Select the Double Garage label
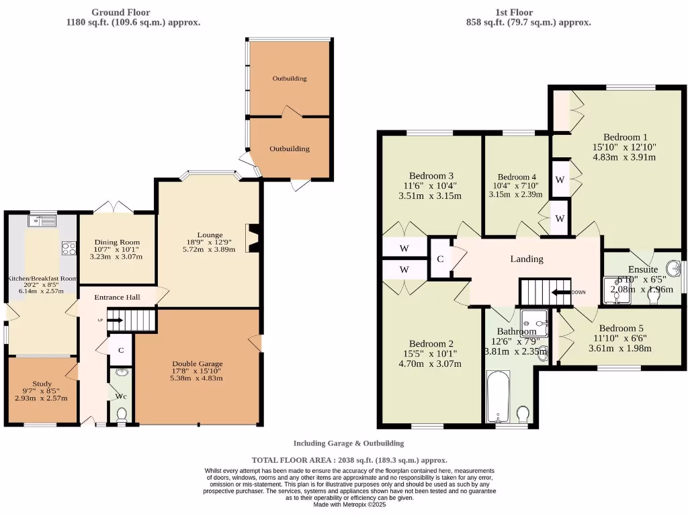point(197,363)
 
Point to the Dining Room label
point(118,243)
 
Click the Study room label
point(42,384)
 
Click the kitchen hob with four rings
point(69,249)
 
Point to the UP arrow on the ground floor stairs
point(112,320)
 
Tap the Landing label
point(527,259)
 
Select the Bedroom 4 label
point(517,177)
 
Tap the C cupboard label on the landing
point(440,259)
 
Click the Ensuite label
point(643,269)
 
